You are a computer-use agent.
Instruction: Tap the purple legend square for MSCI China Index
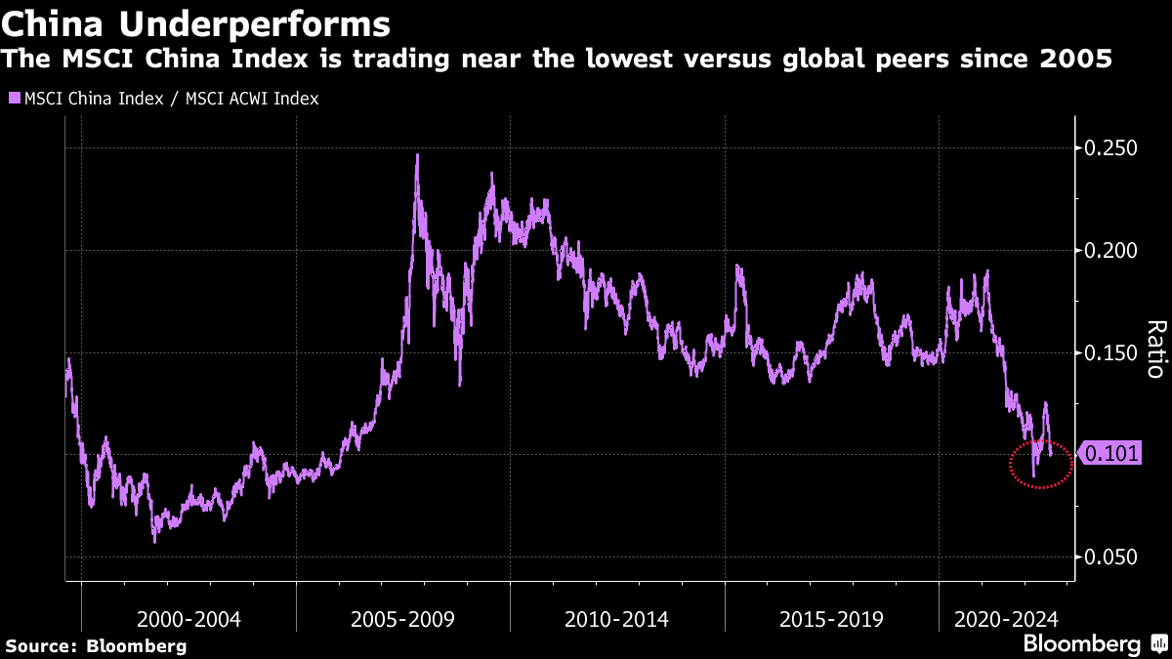14,99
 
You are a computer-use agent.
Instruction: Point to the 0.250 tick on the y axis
1111,148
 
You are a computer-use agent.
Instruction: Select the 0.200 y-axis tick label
1111,250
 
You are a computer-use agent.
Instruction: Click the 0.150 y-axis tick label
1111,352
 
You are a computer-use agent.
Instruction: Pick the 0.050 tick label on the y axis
1111,556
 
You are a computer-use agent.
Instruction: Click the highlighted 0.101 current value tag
1111,454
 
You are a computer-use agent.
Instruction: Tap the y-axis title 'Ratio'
1154,350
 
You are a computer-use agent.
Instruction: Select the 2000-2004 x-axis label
188,619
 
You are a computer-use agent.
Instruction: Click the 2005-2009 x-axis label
403,619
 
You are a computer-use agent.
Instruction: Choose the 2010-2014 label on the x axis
616,619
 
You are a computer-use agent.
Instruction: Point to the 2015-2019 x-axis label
831,619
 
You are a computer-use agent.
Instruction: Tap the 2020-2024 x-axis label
1006,619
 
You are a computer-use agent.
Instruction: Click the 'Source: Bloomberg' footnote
96,645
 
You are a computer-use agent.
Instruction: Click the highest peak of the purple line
417,155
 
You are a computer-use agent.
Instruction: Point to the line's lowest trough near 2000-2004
154,541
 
